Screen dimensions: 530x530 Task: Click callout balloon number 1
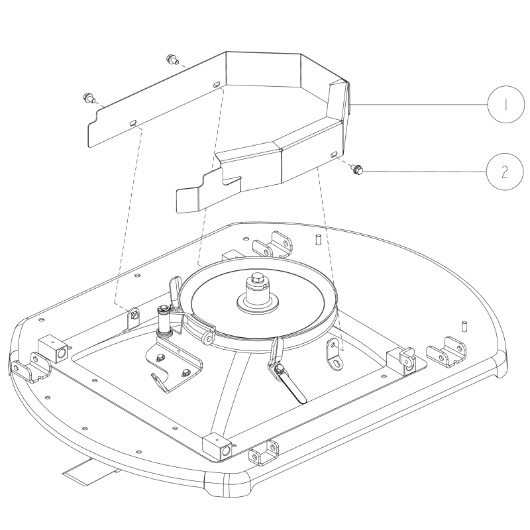point(505,105)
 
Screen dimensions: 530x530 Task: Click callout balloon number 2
point(505,172)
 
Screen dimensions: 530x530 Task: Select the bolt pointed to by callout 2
point(356,169)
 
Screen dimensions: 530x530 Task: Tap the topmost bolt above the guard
point(172,60)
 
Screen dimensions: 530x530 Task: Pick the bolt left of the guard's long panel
point(88,98)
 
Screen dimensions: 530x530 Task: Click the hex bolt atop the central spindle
point(256,279)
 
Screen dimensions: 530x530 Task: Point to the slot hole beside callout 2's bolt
point(334,154)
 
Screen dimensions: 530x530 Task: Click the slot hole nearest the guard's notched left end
point(134,123)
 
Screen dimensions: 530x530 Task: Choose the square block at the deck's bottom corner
point(217,449)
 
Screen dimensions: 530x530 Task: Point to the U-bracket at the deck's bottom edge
point(264,453)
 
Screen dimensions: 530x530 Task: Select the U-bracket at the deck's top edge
point(272,244)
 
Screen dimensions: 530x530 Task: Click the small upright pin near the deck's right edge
point(464,326)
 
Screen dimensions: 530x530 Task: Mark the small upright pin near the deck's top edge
point(318,239)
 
